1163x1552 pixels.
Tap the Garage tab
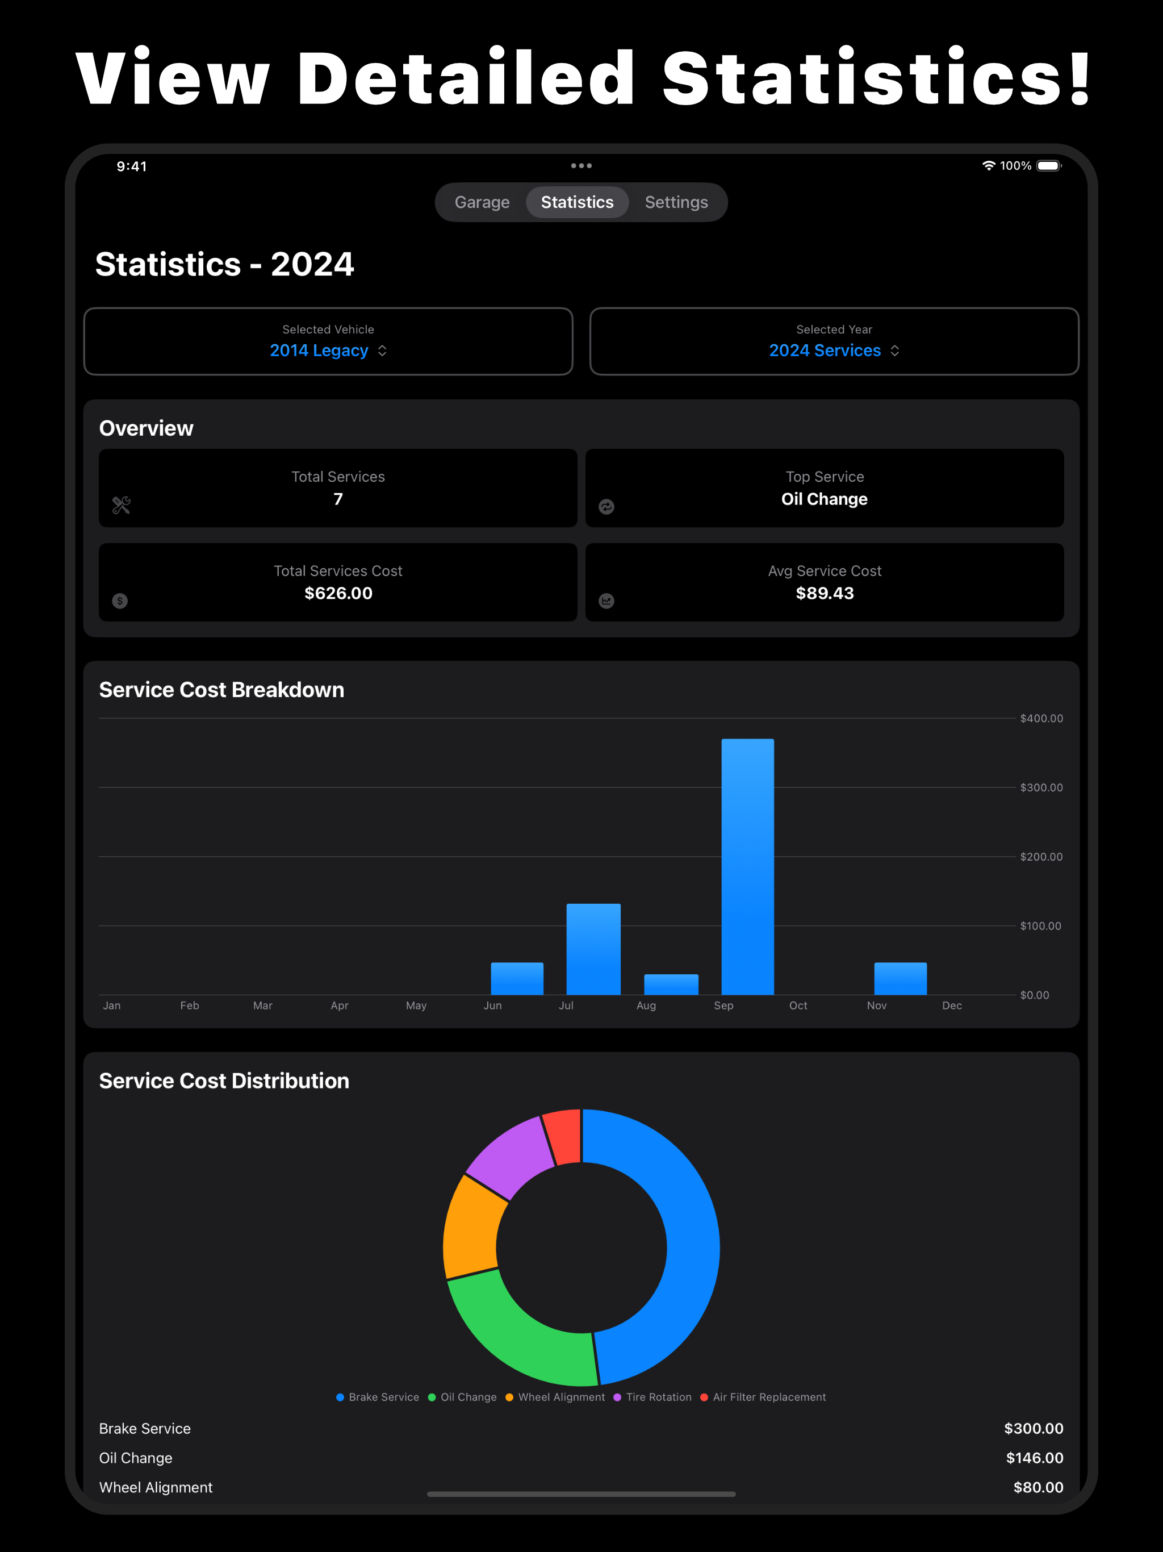pos(482,202)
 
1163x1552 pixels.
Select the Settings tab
pos(676,202)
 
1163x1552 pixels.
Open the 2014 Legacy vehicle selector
pos(328,350)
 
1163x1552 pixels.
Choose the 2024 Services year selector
pos(834,350)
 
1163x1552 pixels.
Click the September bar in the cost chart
pos(748,866)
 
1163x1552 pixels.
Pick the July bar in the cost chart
pos(593,949)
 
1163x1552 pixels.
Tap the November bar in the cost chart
pos(900,979)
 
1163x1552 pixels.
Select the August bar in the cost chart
pos(671,984)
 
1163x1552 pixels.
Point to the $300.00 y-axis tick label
pos(1041,787)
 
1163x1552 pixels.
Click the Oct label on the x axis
pos(798,1006)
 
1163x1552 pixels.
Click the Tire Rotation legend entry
pos(652,1397)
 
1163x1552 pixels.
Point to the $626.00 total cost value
pos(338,593)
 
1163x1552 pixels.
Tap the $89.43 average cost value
pos(825,593)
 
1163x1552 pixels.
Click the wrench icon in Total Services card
pos(122,505)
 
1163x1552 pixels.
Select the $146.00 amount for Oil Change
pos(1035,1458)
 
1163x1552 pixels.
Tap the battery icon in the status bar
pos(1049,165)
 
